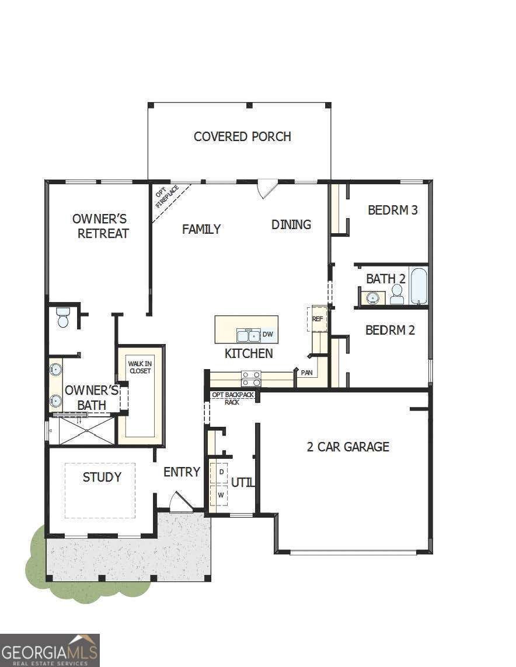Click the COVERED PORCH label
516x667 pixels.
click(242, 136)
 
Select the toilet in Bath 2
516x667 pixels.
click(398, 294)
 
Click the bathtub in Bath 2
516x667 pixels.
click(419, 286)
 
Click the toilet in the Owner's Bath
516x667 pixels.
click(63, 318)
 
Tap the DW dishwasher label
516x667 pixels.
click(268, 334)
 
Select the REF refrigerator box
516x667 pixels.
click(318, 319)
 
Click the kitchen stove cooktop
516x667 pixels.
click(252, 379)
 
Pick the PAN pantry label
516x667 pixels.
click(307, 372)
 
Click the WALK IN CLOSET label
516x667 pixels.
click(140, 367)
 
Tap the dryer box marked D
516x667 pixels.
click(221, 471)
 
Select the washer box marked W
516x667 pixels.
click(221, 494)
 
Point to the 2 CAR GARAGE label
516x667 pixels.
click(348, 447)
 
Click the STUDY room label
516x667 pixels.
click(102, 477)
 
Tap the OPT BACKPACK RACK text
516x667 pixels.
click(233, 398)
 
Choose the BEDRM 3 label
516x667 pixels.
click(392, 210)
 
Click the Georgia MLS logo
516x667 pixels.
click(50, 650)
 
